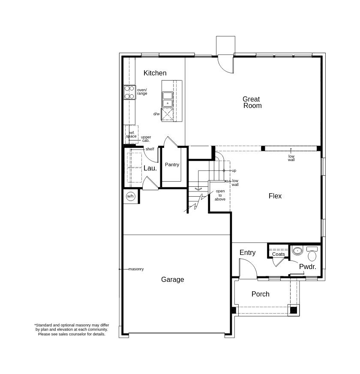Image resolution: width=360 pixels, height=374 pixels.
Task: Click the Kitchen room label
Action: coord(155,73)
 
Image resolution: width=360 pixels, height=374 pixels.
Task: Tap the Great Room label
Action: coord(252,102)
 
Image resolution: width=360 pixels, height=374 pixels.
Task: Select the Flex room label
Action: coord(275,196)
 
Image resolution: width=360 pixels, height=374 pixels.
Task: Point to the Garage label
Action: coord(172,280)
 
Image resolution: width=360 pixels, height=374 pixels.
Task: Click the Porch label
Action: coord(261,294)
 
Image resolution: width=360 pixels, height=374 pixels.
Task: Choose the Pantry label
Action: coord(172,165)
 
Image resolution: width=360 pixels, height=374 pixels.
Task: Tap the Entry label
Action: coord(247,253)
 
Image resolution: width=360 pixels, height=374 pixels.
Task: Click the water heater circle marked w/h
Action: coord(130,196)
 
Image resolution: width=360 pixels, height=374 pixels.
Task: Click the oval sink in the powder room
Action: coord(297,251)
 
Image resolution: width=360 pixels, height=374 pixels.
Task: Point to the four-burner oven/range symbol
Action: coord(129,92)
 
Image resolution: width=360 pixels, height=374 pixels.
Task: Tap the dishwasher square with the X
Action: coord(167,114)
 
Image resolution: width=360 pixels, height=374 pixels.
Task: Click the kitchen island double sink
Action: coord(168,99)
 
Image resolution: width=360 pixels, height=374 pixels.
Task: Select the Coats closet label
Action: coord(279,254)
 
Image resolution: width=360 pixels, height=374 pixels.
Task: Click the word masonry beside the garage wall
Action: coord(136,269)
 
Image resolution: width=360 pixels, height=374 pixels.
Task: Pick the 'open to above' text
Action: coord(220,195)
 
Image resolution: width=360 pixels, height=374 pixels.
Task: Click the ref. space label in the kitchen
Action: coord(131,135)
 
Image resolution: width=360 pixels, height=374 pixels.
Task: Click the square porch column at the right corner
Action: coord(294,310)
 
